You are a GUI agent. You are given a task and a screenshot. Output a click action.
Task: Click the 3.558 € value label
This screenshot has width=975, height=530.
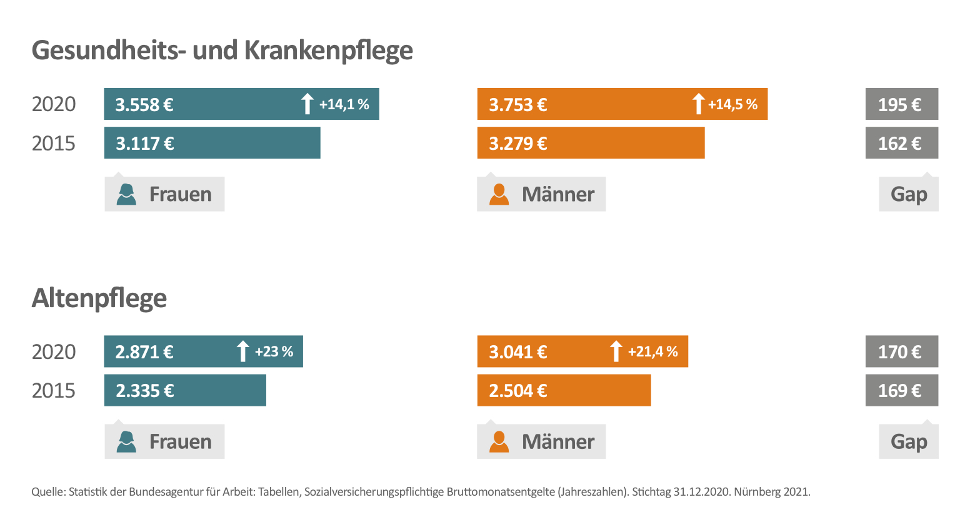tap(144, 105)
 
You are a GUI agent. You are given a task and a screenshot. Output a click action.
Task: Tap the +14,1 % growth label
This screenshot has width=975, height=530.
tap(344, 104)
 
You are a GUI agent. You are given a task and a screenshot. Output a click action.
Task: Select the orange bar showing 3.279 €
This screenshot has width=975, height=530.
tap(591, 143)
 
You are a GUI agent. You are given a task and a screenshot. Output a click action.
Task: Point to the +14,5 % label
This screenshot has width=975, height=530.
tap(732, 104)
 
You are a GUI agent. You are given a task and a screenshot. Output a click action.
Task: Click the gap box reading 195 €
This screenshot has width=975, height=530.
tap(901, 104)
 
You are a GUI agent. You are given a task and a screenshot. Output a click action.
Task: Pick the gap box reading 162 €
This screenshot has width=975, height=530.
tap(901, 143)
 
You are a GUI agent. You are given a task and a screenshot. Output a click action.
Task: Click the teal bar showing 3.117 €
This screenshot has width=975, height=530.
tap(212, 143)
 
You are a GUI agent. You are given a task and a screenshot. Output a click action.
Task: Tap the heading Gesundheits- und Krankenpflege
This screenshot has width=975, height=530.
tap(222, 51)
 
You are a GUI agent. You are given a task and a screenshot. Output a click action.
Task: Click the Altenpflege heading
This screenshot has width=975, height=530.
tap(99, 298)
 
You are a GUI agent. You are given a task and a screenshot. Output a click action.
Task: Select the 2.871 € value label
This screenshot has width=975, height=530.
tap(144, 352)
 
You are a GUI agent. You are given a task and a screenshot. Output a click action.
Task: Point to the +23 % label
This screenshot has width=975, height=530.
tap(274, 351)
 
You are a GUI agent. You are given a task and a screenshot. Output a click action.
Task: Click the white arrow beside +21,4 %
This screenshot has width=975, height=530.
tap(616, 351)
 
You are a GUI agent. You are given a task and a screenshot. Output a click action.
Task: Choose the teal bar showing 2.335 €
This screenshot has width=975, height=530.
tap(185, 390)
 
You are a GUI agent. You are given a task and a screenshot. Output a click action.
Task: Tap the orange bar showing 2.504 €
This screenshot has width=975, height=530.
tap(564, 390)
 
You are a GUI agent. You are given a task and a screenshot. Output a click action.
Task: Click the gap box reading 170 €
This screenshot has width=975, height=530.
tap(901, 351)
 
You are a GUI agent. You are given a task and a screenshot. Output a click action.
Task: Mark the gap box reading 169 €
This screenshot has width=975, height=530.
tap(901, 390)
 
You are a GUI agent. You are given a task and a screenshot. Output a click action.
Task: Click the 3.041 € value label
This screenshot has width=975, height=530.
tap(518, 352)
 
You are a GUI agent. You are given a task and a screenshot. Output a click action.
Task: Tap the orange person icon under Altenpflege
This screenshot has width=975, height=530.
tap(499, 441)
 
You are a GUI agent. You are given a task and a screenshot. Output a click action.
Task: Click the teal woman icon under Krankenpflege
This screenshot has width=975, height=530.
tap(126, 194)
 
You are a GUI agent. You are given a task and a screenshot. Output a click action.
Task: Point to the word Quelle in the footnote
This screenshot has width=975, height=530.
tap(47, 492)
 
